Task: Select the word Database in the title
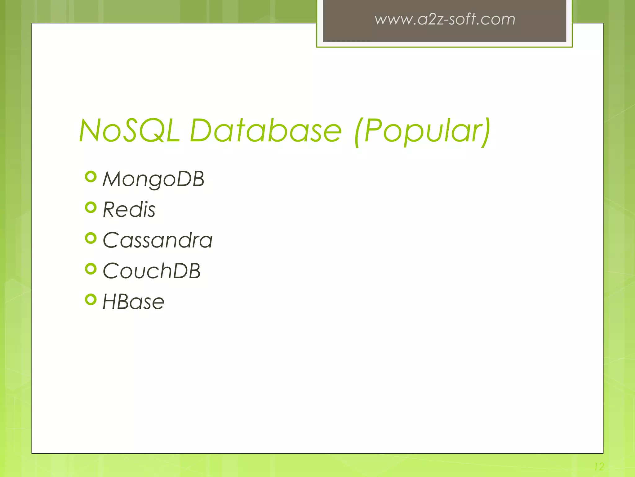266,130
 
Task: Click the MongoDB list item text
153,179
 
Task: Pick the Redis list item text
129,210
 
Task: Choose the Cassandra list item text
158,240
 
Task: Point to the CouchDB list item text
151,271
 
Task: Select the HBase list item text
133,302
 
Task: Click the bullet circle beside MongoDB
91,177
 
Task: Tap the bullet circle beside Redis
91,207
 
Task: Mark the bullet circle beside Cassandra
91,238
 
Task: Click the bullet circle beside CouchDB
91,269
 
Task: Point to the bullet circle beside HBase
91,300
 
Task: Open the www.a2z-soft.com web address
445,19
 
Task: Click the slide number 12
599,466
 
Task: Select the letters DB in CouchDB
186,271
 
